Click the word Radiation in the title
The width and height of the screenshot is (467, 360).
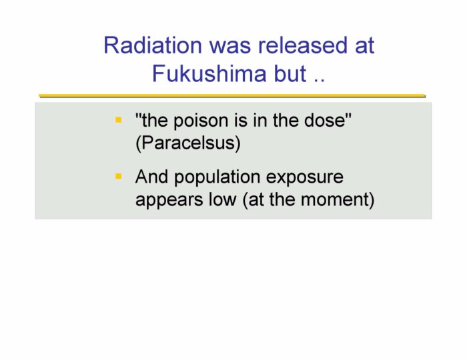[x=153, y=45]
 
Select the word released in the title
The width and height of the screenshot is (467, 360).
[x=303, y=45]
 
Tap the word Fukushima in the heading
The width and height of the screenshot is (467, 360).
[x=209, y=73]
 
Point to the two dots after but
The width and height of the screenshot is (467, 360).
[x=320, y=81]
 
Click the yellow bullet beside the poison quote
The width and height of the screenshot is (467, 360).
[x=119, y=120]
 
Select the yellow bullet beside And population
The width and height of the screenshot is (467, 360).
[x=119, y=177]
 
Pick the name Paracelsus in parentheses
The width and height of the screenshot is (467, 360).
[x=188, y=143]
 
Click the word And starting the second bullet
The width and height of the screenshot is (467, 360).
[x=151, y=177]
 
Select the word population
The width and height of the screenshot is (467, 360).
[x=217, y=177]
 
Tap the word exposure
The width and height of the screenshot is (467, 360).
[x=304, y=177]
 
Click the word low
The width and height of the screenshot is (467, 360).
[x=222, y=199]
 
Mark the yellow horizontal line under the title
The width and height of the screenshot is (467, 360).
[x=232, y=96]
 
